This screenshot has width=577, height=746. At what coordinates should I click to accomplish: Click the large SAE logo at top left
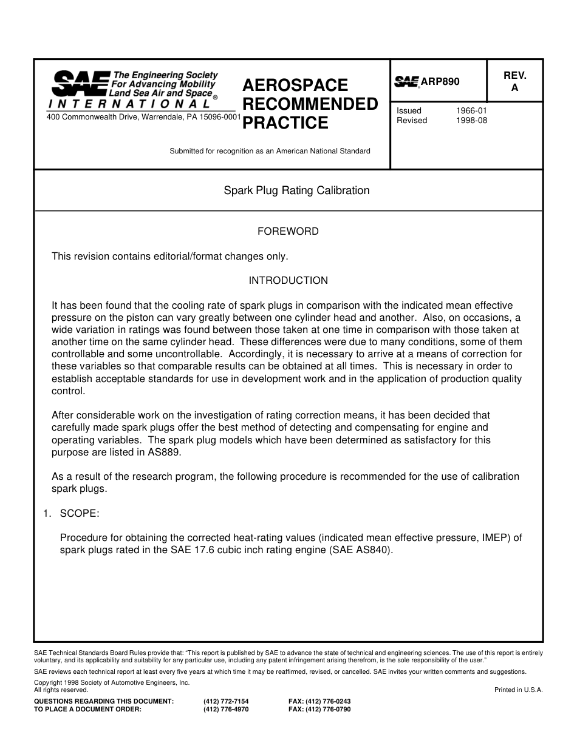80,84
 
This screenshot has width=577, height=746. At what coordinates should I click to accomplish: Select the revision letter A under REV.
514,88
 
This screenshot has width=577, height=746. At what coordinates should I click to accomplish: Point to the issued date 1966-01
471,111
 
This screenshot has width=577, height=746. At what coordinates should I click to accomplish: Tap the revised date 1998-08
471,121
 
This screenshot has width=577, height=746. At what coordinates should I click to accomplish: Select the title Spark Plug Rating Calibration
296,190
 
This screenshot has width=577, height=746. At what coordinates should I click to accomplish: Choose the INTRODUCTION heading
288,280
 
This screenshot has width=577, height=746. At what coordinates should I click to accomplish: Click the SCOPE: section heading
79,513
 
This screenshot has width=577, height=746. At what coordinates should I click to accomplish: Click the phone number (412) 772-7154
226,701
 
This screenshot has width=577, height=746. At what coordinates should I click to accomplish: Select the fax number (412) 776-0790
319,708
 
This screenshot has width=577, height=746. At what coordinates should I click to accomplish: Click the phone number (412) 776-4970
226,708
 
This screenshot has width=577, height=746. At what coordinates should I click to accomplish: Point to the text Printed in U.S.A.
518,690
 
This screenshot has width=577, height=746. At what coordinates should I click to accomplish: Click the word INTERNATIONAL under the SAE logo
129,104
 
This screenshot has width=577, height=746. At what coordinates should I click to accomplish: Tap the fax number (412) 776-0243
319,701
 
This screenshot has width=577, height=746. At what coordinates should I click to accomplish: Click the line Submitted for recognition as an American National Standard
270,151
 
